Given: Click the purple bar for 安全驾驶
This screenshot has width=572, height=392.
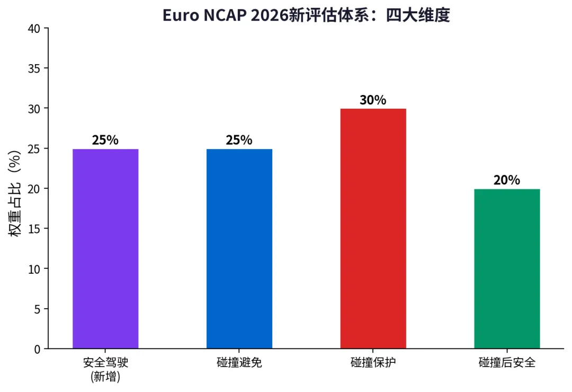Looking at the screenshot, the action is [105, 249].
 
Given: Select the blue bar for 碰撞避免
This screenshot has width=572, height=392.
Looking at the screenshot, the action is [239, 249].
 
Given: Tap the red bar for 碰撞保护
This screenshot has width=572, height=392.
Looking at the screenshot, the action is [373, 229].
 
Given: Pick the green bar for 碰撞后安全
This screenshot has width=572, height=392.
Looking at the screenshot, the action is [507, 269].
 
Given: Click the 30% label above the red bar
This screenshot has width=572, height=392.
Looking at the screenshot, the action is [373, 100].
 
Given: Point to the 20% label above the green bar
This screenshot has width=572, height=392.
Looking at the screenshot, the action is [507, 180].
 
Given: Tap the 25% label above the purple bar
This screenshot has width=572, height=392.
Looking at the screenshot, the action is [105, 140].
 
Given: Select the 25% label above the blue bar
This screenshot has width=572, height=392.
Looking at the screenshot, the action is [239, 140].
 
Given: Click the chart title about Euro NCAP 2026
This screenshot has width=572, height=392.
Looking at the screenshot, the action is [306, 15].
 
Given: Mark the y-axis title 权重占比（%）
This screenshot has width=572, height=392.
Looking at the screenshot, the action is [15, 194].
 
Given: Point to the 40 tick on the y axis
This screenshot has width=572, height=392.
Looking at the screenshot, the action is [34, 29].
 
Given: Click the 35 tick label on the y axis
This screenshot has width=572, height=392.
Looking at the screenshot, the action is [34, 68].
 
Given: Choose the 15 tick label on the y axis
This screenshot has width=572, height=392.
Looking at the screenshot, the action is [34, 229].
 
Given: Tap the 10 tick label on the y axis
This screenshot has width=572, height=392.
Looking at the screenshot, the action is [34, 269].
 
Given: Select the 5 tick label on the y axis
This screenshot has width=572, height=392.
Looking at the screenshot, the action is [37, 309].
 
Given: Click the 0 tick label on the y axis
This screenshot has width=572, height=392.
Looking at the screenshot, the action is [37, 350].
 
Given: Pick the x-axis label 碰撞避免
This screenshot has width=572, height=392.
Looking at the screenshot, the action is [239, 362].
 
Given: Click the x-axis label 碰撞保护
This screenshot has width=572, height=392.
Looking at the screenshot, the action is [373, 362].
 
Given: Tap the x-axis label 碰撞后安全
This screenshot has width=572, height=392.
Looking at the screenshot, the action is [507, 362].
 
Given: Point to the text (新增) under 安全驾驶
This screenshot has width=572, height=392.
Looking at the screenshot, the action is [105, 376].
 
